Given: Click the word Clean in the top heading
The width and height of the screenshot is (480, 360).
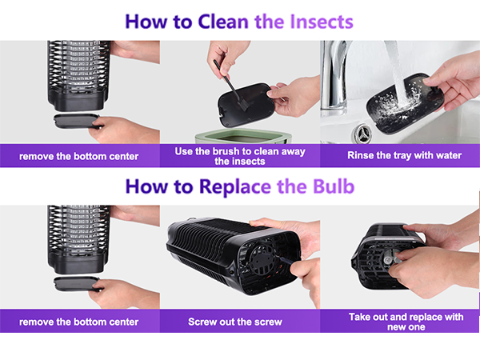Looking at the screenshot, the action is click(223, 22).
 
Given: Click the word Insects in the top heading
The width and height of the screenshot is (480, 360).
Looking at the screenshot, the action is click(322, 22).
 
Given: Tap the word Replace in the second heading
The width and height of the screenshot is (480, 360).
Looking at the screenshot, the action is click(235, 187).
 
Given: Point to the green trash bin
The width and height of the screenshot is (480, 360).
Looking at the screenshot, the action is click(243, 137).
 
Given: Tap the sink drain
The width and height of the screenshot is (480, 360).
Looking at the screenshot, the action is click(363, 134).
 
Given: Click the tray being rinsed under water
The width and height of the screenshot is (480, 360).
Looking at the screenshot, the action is click(405, 103).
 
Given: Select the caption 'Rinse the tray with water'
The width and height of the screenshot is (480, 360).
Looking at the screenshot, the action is click(404, 155).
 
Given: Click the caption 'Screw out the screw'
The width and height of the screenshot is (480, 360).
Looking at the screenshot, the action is click(235, 322).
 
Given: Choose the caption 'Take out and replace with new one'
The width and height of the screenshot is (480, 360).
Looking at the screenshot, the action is click(406, 322).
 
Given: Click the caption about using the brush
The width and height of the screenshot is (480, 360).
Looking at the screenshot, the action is click(240, 156).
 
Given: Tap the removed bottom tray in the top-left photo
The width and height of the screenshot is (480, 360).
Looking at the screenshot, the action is click(77, 121).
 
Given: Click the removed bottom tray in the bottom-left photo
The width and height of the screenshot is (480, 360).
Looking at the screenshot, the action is click(77, 284).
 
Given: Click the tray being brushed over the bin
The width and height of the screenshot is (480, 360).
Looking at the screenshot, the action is click(246, 105).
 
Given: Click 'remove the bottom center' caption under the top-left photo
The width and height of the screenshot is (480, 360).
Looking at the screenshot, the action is click(78, 157).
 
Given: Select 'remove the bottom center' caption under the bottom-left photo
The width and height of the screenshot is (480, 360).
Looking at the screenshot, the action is click(78, 322).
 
